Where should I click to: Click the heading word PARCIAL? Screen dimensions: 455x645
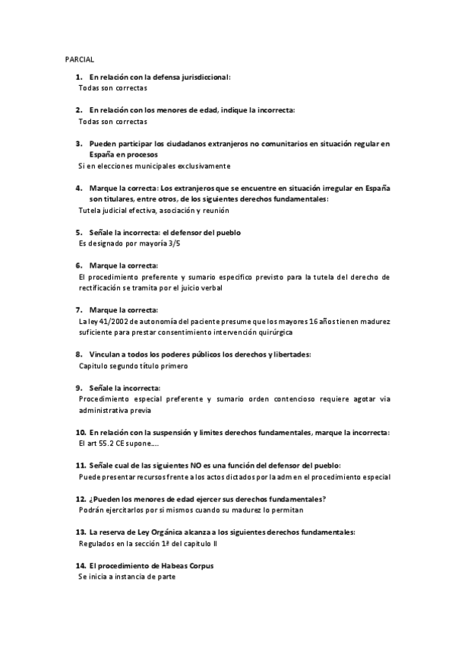pos(79,59)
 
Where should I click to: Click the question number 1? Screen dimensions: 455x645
pos(78,77)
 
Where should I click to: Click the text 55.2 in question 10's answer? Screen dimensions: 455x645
pos(109,443)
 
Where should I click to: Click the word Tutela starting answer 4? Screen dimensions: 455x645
pos(90,210)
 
